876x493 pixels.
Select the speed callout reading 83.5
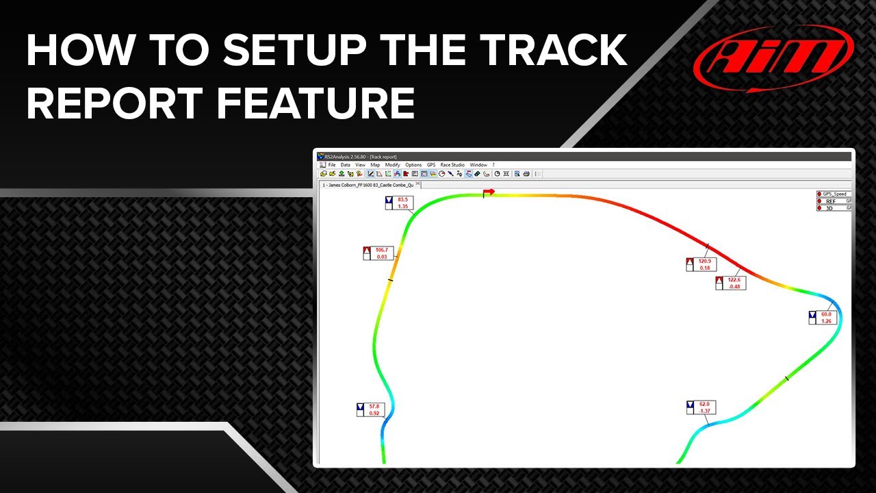pos(398,203)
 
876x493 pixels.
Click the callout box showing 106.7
pos(377,253)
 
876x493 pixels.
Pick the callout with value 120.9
pos(700,264)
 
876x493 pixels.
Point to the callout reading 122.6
pos(730,283)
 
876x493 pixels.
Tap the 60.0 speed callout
pos(821,318)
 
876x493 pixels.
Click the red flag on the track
pos(489,192)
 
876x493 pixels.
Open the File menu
pos(332,165)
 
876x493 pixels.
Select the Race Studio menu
pos(452,165)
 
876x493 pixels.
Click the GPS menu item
pos(431,165)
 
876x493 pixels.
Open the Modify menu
pos(392,165)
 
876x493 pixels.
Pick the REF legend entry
pos(831,201)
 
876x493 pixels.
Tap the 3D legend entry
pos(829,207)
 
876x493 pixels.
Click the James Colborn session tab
pos(368,185)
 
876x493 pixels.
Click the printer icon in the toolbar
pos(526,174)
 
